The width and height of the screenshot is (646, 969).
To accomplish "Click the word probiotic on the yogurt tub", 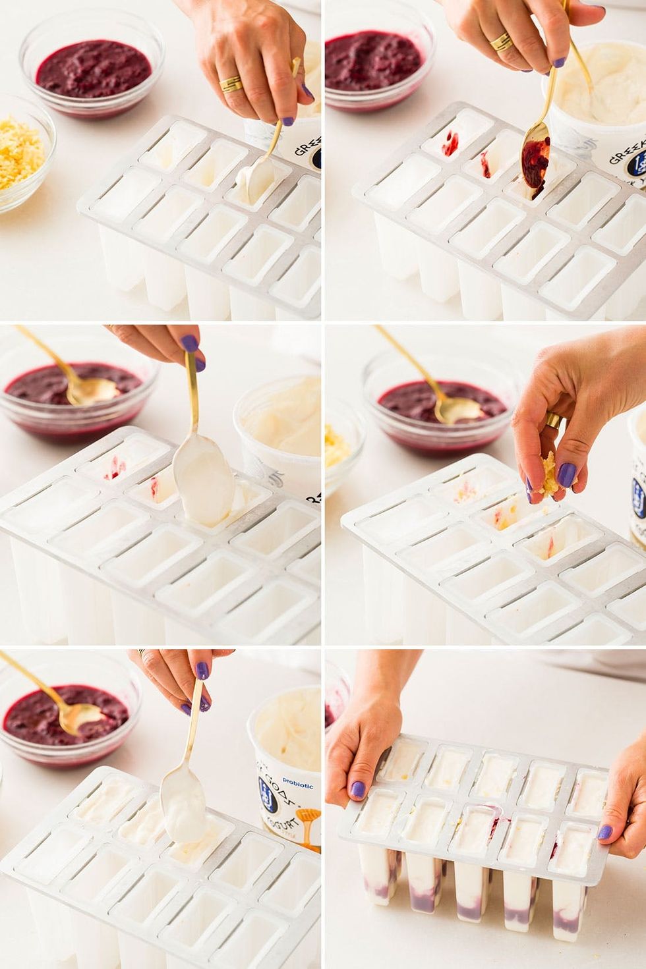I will [300, 786].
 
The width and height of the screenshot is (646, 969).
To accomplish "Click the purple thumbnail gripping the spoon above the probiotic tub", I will [201, 670].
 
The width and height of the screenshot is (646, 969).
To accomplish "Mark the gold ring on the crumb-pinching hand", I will [553, 420].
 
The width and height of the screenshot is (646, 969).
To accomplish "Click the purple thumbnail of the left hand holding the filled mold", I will [357, 789].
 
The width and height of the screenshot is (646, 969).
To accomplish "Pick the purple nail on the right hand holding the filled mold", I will [604, 832].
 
